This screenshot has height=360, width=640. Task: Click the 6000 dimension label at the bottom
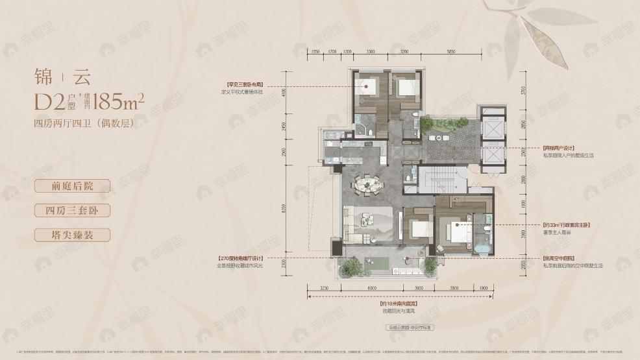371,287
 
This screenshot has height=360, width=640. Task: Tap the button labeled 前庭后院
73,186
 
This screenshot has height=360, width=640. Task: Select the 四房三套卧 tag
73,210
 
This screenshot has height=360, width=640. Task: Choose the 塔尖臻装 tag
73,234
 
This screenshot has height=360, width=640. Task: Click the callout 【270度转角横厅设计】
242,258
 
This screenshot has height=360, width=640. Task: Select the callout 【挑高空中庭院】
558,258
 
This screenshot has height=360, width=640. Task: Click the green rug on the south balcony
379,263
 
